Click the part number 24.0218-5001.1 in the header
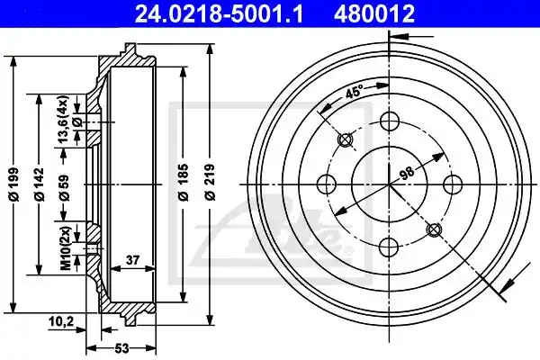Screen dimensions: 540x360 219,13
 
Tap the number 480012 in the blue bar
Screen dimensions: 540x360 374,13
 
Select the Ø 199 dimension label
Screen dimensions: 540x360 14,184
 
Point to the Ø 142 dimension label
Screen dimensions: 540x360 39,184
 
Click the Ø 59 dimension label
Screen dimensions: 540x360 64,188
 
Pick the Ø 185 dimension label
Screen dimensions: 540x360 184,182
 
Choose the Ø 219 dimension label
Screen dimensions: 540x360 209,182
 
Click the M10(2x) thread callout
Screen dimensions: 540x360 65,247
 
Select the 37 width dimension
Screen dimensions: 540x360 132,260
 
